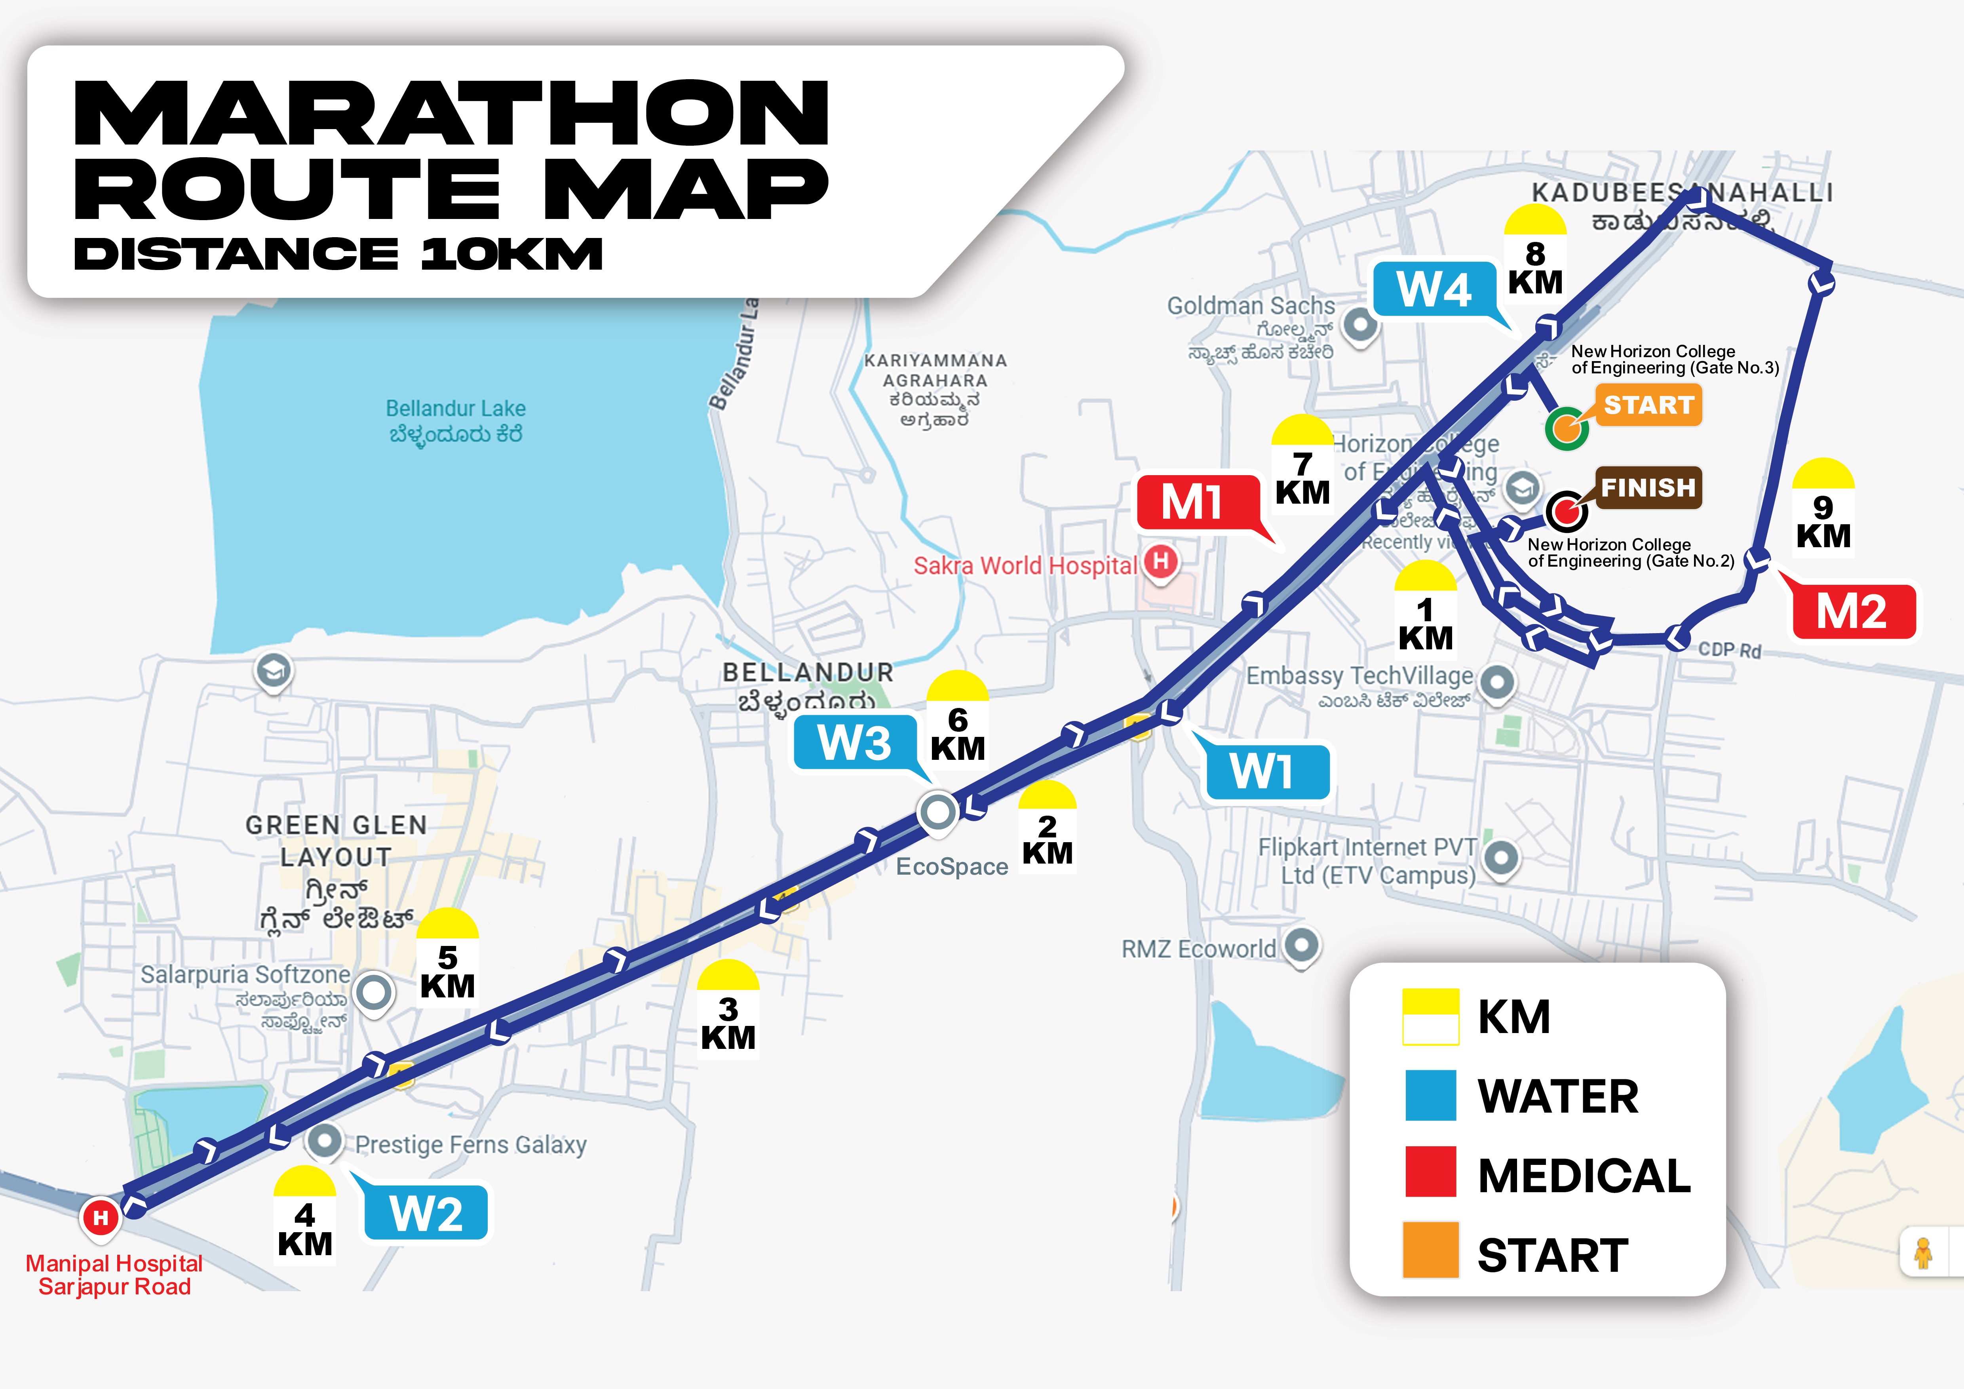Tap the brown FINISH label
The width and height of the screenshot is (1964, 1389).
(1648, 487)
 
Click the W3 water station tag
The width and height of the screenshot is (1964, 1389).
(855, 742)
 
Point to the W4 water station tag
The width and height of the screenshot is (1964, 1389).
(1435, 289)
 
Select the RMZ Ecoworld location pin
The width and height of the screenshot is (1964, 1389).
(1301, 945)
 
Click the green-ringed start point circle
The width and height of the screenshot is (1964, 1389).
(1566, 428)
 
